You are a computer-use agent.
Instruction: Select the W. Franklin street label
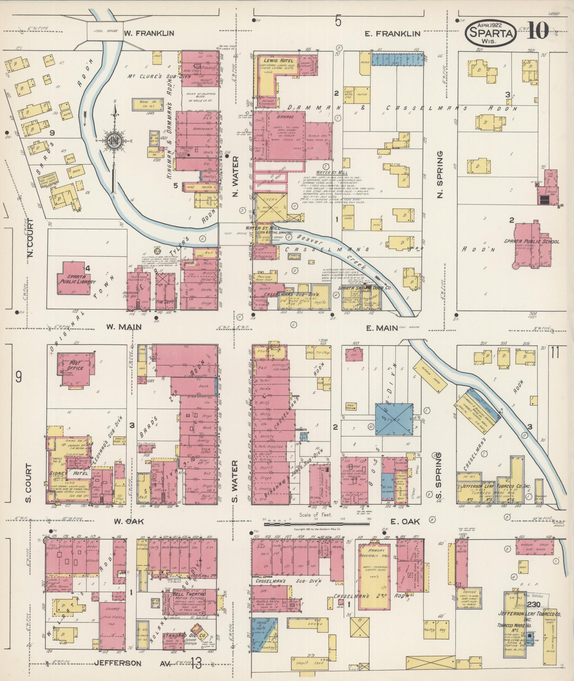(149, 33)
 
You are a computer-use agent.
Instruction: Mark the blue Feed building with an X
(394, 419)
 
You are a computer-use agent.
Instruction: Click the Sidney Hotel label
(68, 474)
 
